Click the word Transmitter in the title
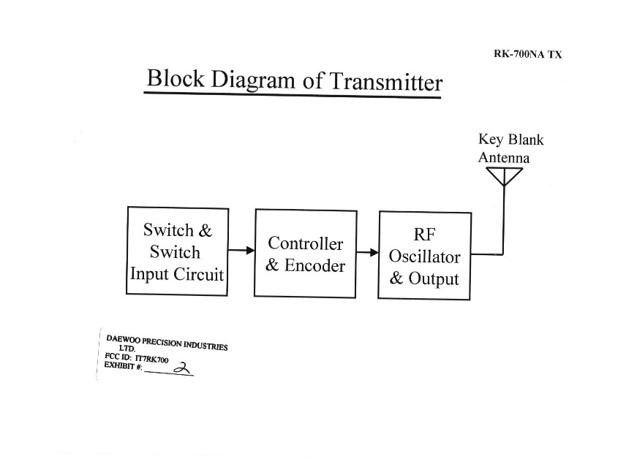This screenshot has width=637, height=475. click(386, 82)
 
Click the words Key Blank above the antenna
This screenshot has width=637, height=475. click(511, 140)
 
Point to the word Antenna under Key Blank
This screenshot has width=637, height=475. click(504, 157)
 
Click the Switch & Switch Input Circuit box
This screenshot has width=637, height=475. click(178, 251)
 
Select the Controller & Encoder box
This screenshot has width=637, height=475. click(306, 253)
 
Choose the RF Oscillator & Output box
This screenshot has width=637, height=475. click(424, 255)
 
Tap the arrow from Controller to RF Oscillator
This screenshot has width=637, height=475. click(368, 253)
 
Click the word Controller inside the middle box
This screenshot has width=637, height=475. click(306, 243)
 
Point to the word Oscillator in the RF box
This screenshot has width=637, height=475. click(424, 257)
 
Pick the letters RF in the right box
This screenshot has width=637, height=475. click(424, 235)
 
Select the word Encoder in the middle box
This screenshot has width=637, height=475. click(314, 265)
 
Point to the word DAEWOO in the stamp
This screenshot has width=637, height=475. click(123, 339)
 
